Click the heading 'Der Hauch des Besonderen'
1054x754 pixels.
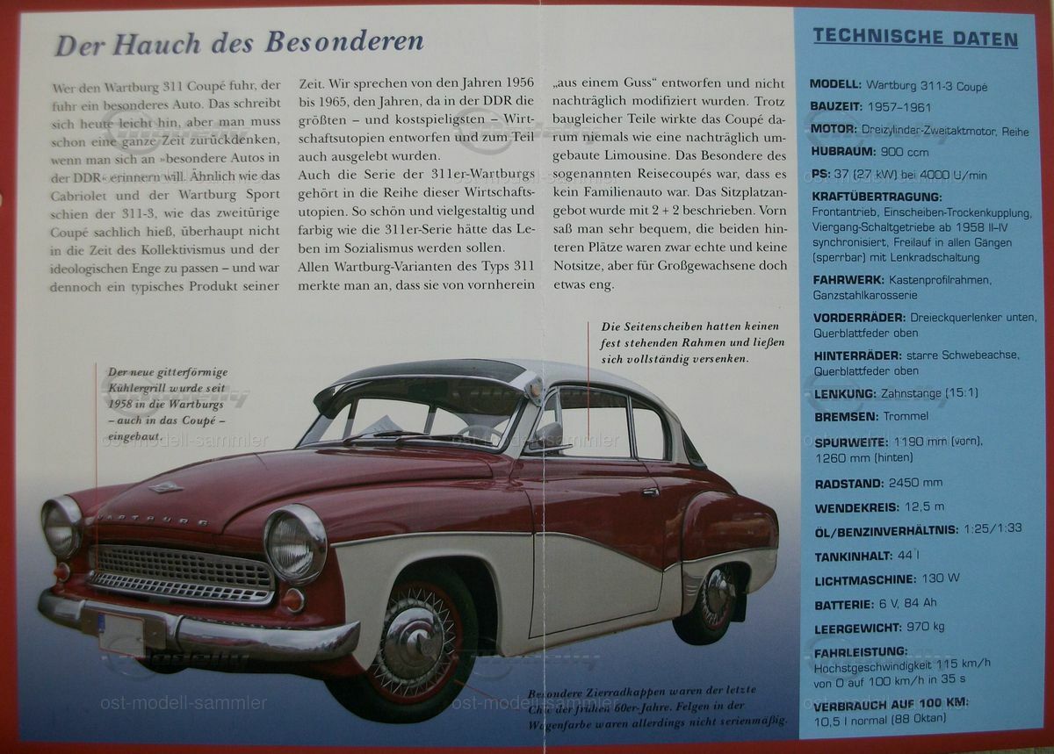pyautogui.click(x=239, y=42)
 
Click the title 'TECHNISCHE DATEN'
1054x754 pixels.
pyautogui.click(x=914, y=38)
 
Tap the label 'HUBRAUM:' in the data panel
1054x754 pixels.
pyautogui.click(x=844, y=151)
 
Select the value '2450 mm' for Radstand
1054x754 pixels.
pyautogui.click(x=915, y=482)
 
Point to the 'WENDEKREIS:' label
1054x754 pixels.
pyautogui.click(x=856, y=507)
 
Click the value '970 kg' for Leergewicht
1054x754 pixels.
pyautogui.click(x=926, y=627)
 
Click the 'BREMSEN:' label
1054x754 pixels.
pyautogui.click(x=845, y=416)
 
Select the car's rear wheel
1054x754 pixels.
pyautogui.click(x=717, y=604)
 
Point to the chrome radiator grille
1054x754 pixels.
pyautogui.click(x=182, y=573)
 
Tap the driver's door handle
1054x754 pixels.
pyautogui.click(x=650, y=492)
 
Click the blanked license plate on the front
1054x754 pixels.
pyautogui.click(x=121, y=634)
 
